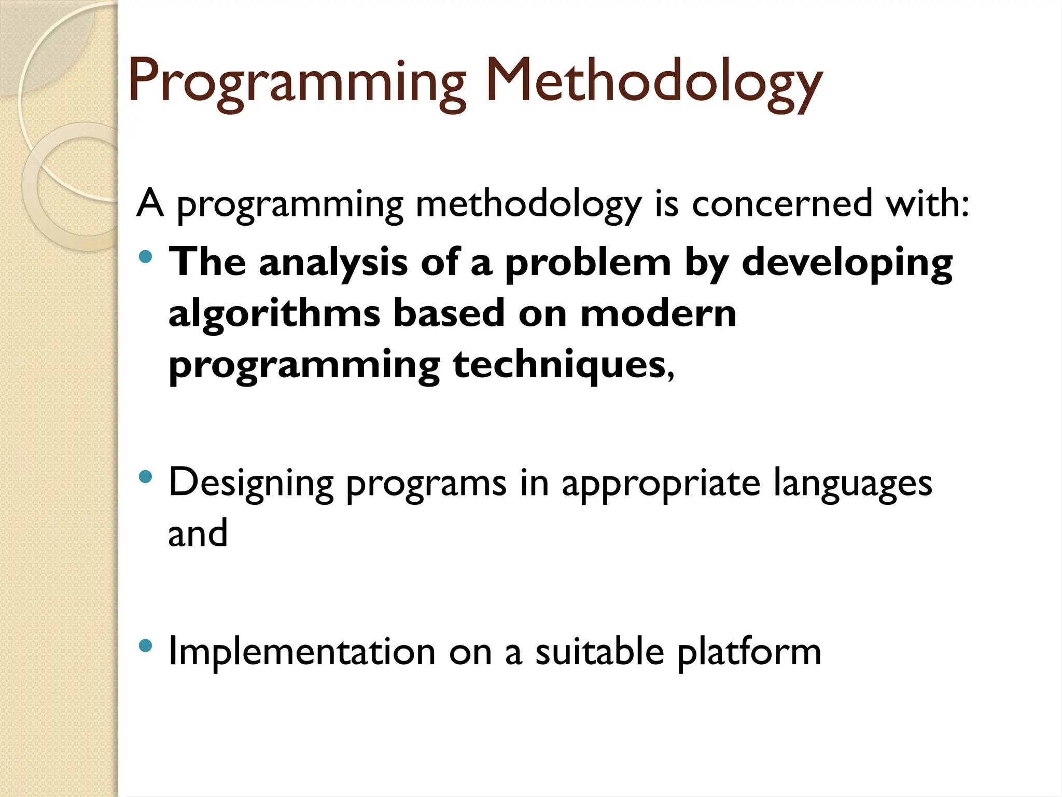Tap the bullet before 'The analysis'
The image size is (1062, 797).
click(x=146, y=256)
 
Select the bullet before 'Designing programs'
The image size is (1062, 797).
click(x=146, y=476)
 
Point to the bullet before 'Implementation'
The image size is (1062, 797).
click(x=146, y=645)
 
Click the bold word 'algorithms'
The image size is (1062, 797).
click(x=274, y=314)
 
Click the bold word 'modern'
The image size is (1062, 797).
click(x=658, y=313)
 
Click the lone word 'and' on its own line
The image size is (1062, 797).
click(x=198, y=533)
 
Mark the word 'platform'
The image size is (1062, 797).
click(x=749, y=652)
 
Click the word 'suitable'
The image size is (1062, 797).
click(x=599, y=652)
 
